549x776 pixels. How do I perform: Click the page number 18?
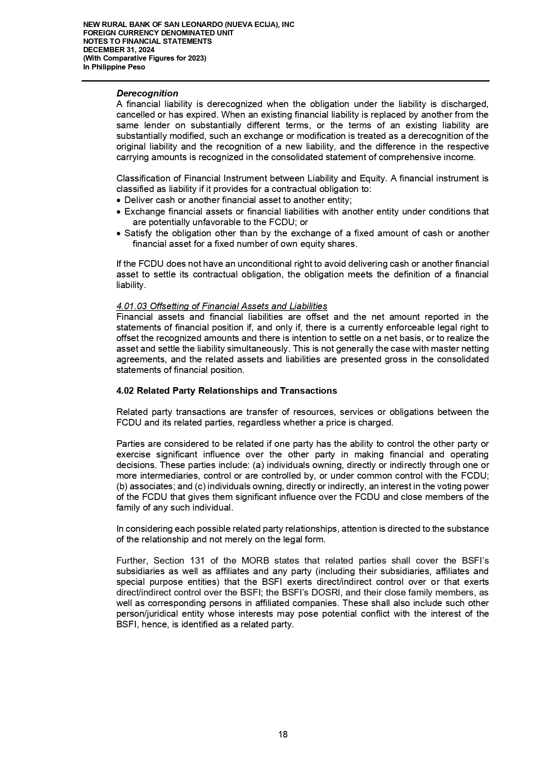tap(283, 734)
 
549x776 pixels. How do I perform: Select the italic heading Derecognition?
tap(147, 93)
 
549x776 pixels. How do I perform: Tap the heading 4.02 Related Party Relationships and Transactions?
tap(227, 391)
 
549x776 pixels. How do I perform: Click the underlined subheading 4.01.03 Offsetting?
tap(222, 306)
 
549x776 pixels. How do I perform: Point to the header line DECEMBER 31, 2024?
tap(119, 50)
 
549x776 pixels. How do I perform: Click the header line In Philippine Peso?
tap(114, 67)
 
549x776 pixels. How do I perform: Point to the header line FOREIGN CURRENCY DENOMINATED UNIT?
tap(158, 33)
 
